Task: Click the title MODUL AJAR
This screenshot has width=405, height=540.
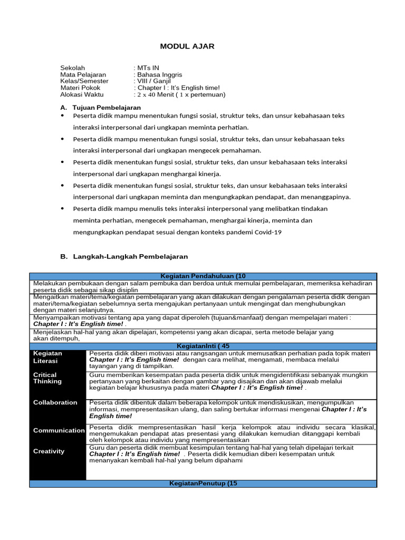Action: click(187, 46)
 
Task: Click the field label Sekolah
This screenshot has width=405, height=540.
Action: click(73, 68)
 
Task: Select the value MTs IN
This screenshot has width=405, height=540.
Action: click(148, 68)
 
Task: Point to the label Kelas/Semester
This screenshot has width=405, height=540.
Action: click(84, 81)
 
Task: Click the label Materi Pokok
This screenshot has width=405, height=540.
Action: click(80, 88)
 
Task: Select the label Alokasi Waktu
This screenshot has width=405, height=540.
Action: click(82, 95)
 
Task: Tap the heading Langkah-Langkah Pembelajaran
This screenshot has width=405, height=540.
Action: click(130, 257)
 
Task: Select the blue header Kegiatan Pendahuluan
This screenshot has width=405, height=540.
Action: click(202, 276)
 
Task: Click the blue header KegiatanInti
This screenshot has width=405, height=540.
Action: click(202, 346)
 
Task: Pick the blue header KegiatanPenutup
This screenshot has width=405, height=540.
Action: click(202, 484)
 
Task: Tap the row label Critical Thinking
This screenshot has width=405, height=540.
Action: click(47, 378)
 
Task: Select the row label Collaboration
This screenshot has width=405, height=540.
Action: click(55, 402)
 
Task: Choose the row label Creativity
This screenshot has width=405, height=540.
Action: click(49, 451)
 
